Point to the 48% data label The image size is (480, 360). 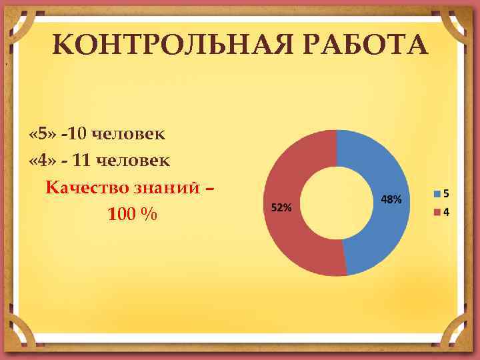pyautogui.click(x=391, y=199)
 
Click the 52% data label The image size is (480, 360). pyautogui.click(x=281, y=207)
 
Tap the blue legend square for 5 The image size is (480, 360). pyautogui.click(x=437, y=194)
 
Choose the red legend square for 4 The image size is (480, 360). pyautogui.click(x=437, y=213)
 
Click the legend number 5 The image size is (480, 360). pyautogui.click(x=445, y=194)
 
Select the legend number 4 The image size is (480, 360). pyautogui.click(x=445, y=213)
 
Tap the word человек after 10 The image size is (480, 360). pyautogui.click(x=128, y=134)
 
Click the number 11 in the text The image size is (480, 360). pyautogui.click(x=84, y=161)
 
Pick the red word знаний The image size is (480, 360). pyautogui.click(x=163, y=187)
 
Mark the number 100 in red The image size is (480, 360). pyautogui.click(x=121, y=215)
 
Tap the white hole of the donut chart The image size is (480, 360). pyautogui.click(x=337, y=203)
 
